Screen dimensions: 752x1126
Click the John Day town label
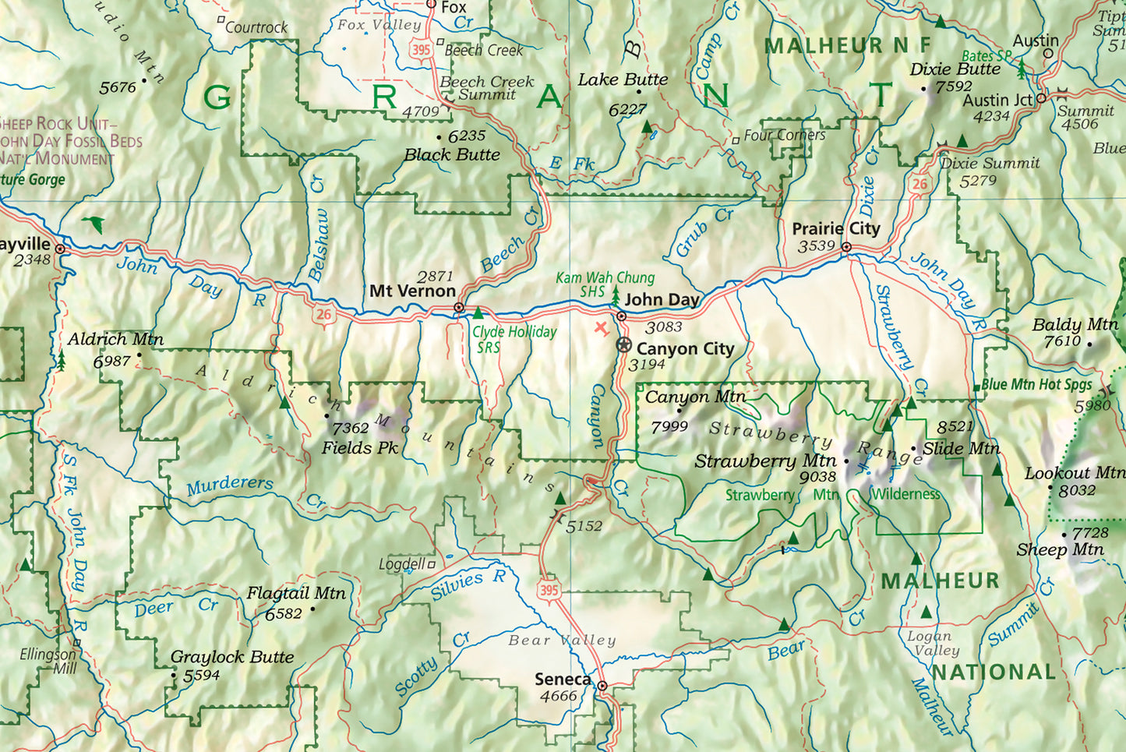pyautogui.click(x=662, y=299)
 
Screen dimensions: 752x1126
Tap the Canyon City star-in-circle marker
pyautogui.click(x=624, y=345)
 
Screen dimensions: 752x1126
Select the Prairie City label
pyautogui.click(x=835, y=228)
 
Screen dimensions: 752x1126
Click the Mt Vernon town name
pyautogui.click(x=412, y=291)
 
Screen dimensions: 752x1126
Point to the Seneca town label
pyautogui.click(x=563, y=679)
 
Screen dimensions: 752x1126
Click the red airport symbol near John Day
pyautogui.click(x=601, y=327)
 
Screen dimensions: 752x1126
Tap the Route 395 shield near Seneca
pyautogui.click(x=549, y=590)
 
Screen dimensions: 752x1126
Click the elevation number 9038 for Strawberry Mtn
pyautogui.click(x=817, y=477)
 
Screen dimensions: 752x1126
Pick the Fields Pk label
pyautogui.click(x=360, y=448)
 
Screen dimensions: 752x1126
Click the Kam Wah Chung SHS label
pyautogui.click(x=605, y=284)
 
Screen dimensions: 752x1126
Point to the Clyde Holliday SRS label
pyautogui.click(x=514, y=339)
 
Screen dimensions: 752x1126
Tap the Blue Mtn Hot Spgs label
pyautogui.click(x=1036, y=384)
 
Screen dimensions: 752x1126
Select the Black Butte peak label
pyautogui.click(x=452, y=154)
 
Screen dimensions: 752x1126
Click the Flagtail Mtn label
pyautogui.click(x=296, y=593)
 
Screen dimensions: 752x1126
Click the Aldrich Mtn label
pyautogui.click(x=115, y=339)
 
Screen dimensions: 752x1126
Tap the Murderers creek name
pyautogui.click(x=230, y=485)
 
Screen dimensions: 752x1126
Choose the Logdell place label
pyautogui.click(x=402, y=563)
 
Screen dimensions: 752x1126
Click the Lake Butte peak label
pyautogui.click(x=623, y=79)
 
